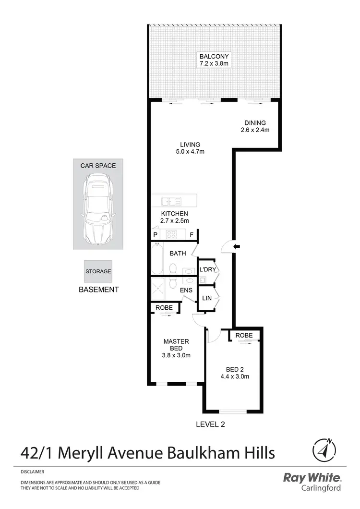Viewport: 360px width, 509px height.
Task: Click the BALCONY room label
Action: click(214, 56)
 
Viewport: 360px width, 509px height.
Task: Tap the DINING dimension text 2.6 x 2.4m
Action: click(255, 130)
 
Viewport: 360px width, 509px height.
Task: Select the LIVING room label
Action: click(190, 145)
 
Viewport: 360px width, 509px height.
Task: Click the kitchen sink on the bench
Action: click(171, 202)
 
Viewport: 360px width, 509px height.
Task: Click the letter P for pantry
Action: click(155, 235)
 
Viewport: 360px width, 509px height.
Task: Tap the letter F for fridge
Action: click(192, 235)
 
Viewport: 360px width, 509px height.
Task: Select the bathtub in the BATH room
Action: click(157, 259)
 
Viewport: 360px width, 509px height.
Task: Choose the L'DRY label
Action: click(207, 269)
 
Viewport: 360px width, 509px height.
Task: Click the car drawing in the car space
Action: click(98, 209)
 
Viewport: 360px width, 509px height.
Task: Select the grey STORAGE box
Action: click(98, 271)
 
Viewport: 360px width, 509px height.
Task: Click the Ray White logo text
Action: click(312, 478)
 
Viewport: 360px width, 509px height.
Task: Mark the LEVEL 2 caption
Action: click(210, 424)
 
